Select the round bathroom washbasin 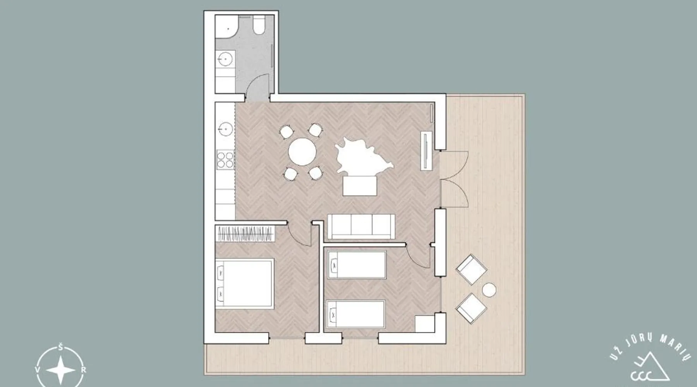click(225, 60)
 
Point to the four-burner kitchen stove click(225, 160)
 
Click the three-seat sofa click(361, 226)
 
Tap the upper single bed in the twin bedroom click(357, 265)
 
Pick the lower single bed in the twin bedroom click(355, 314)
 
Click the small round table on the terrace click(489, 290)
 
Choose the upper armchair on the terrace click(471, 269)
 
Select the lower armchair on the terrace click(471, 308)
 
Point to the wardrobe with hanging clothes click(245, 234)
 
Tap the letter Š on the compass click(61, 346)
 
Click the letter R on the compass click(84, 370)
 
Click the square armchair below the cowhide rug click(360, 186)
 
